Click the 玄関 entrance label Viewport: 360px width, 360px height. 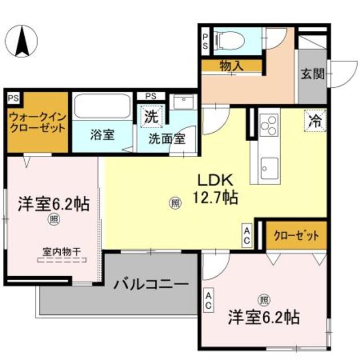312,74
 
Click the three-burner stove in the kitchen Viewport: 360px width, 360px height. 268,125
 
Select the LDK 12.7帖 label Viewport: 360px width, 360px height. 215,188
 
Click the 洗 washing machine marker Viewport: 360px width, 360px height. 150,118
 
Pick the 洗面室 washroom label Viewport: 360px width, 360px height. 167,138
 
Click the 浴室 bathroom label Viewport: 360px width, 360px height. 102,135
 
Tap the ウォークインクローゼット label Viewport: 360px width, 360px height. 37,121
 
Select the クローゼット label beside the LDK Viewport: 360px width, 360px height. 296,235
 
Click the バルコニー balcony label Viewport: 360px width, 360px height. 151,284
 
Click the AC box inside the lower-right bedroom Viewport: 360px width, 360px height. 209,301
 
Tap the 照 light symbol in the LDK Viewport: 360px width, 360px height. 175,203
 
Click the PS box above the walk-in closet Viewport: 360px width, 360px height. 13,97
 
